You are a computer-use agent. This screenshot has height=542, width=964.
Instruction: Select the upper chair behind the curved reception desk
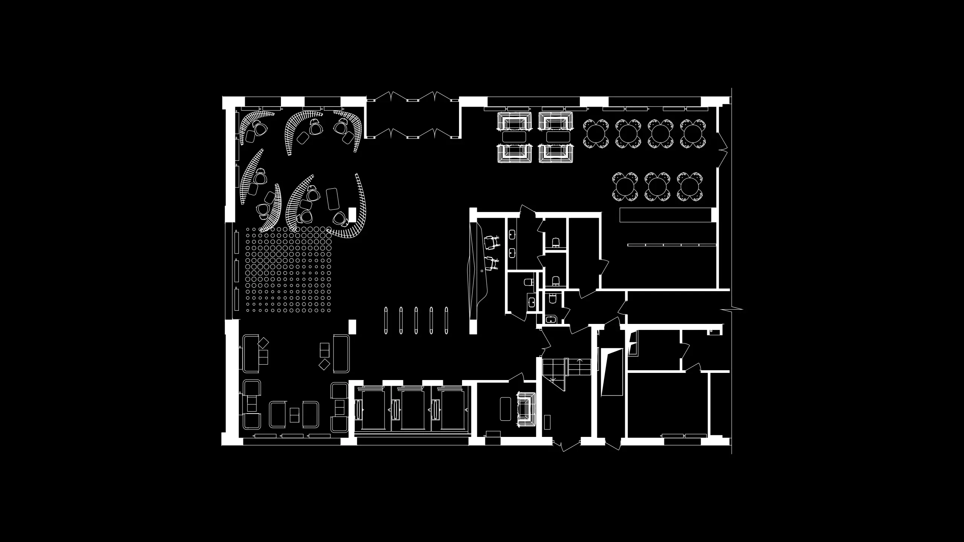click(x=492, y=242)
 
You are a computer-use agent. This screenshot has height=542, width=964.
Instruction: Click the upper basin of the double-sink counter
click(x=513, y=235)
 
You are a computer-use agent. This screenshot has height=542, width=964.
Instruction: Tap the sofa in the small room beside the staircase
click(x=526, y=409)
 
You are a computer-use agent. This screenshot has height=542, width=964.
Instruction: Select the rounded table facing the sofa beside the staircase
click(x=505, y=409)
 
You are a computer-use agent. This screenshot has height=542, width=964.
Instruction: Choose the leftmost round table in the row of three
click(x=625, y=186)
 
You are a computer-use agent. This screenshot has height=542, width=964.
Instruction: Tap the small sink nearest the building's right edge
click(x=714, y=332)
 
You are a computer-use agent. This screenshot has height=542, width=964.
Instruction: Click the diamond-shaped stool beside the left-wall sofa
click(x=263, y=343)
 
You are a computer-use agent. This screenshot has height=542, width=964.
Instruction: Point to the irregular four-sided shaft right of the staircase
click(x=612, y=372)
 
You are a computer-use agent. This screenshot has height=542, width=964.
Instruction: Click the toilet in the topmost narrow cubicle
click(x=555, y=241)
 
